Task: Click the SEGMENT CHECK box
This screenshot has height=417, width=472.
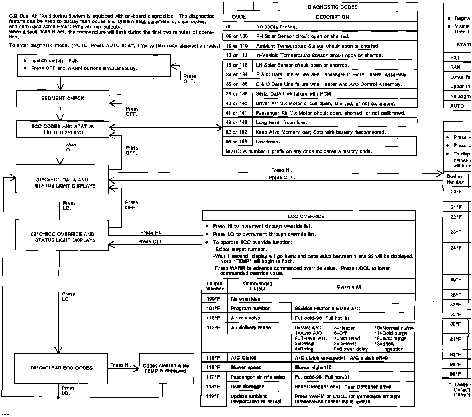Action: point(63,98)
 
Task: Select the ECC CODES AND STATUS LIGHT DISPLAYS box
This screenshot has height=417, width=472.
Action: point(63,129)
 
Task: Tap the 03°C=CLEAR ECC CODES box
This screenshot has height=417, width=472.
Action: point(61,368)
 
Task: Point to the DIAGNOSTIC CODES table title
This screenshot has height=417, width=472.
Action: point(333,7)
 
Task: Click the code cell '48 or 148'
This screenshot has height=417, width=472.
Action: point(237,123)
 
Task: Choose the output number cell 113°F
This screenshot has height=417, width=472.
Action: point(214,328)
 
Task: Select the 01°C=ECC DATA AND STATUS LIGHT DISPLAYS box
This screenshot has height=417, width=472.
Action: point(62,183)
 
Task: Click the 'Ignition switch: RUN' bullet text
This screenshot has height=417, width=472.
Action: point(55,61)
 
